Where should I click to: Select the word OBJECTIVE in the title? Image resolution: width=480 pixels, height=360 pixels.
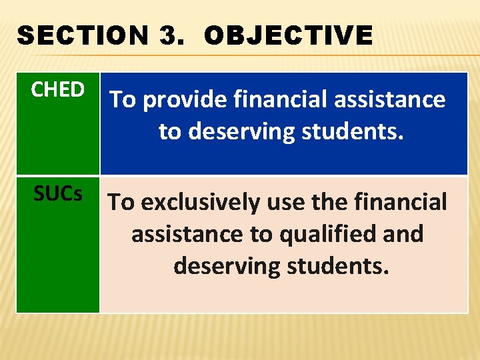coord(288,35)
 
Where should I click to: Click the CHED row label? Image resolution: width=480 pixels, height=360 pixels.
coord(58,89)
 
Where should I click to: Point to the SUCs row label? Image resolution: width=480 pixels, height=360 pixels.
coord(58,193)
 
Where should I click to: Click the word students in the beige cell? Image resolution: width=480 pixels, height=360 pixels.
coord(336,266)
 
